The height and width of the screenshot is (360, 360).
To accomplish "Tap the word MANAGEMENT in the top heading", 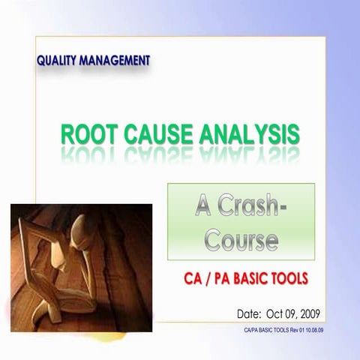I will [x=116, y=60].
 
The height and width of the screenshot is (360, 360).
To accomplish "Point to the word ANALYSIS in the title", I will [x=252, y=135].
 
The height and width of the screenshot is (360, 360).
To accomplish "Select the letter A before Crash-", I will [x=204, y=205].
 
